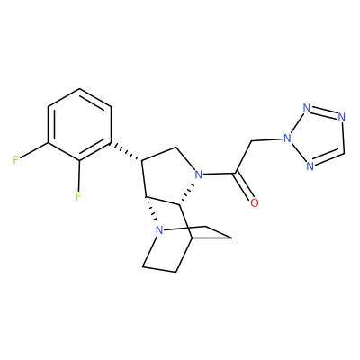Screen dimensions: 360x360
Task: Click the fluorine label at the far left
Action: pyautogui.click(x=15, y=160)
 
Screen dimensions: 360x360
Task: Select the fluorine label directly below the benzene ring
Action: pyautogui.click(x=78, y=196)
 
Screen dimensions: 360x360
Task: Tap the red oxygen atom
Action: pyautogui.click(x=254, y=202)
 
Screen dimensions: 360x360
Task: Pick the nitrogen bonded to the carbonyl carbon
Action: pyautogui.click(x=198, y=174)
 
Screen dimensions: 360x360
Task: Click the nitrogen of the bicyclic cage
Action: pyautogui.click(x=159, y=230)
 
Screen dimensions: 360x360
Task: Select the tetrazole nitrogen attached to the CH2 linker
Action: pyautogui.click(x=287, y=139)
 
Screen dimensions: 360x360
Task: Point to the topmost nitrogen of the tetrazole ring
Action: pyautogui.click(x=306, y=108)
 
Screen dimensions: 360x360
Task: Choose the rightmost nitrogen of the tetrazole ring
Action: pyautogui.click(x=341, y=116)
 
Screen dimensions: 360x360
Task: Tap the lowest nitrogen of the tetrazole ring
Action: pyautogui.click(x=310, y=166)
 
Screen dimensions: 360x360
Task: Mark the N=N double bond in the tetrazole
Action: pyautogui.click(x=324, y=112)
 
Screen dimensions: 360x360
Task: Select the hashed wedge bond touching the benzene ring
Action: pyautogui.click(x=127, y=150)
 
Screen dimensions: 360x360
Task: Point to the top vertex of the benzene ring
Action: pyautogui.click(x=80, y=89)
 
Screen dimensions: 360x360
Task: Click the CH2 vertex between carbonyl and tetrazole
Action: pyautogui.click(x=251, y=141)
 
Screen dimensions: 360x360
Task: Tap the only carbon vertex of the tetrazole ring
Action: pyautogui.click(x=344, y=152)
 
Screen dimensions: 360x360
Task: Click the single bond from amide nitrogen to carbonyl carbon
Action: pyautogui.click(x=219, y=174)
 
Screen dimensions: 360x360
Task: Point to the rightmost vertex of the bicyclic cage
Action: pyautogui.click(x=231, y=238)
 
